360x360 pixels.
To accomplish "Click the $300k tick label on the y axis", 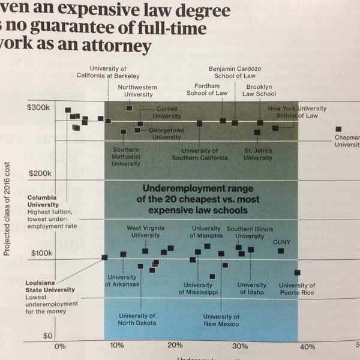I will pos(39,107).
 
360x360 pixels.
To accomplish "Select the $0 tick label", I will pos(48,335).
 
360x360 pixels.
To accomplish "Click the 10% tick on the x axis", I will pos(117,347).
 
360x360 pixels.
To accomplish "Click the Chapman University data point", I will pos(338,129).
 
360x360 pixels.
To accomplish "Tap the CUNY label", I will pos(281,242).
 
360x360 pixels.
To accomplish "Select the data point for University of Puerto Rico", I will pos(297,272).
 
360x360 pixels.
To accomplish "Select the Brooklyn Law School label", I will pos(260,90).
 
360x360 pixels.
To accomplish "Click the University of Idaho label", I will pos(251,289).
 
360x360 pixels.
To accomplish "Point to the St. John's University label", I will pos(258,154).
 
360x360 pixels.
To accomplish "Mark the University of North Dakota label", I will pos(137,319).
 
